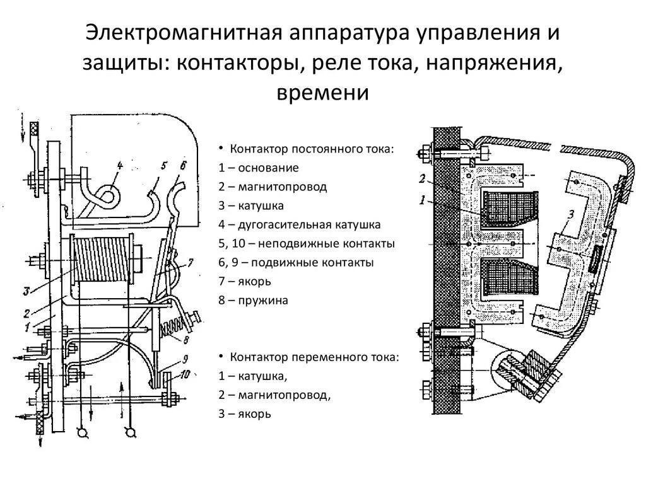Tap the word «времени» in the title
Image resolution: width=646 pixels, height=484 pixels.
[x=322, y=93]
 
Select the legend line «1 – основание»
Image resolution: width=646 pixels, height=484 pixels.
[x=259, y=168]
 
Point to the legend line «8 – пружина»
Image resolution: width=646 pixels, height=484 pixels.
[x=254, y=301]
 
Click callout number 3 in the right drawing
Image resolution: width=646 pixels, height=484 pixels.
[x=570, y=216]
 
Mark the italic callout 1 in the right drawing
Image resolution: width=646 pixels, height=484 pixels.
[x=422, y=200]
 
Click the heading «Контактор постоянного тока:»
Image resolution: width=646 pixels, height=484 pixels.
[x=312, y=149]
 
